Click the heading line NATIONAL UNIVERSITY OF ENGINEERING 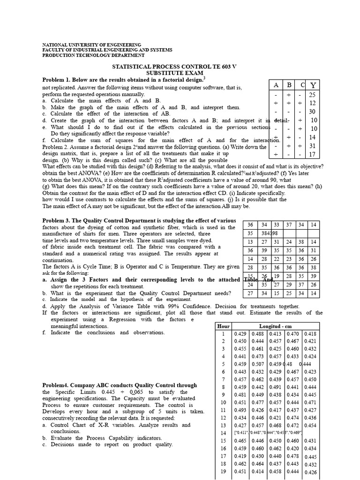point(91,44)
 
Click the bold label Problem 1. point(58,80)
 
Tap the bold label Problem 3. point(58,220)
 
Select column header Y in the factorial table point(313,85)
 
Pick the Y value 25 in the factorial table point(313,95)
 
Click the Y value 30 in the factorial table point(313,112)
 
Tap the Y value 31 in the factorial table point(313,146)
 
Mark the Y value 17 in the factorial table point(313,154)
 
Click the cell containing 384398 point(270,233)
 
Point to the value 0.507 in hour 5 point(258,364)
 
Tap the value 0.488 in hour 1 point(258,334)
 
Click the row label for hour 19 point(223,472)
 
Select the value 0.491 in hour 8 point(275,387)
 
